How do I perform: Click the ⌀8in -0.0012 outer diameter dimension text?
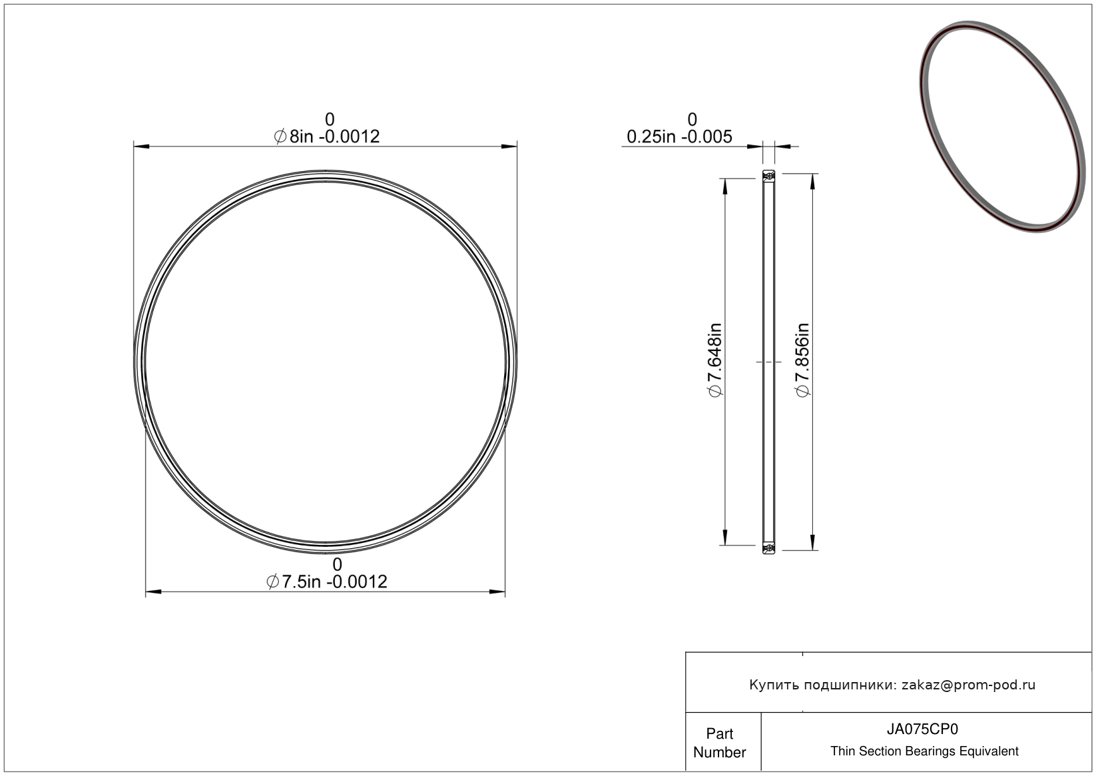(326, 137)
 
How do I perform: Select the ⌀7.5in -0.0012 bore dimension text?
(326, 582)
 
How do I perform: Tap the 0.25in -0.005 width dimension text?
(679, 137)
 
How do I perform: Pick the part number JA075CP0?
(922, 729)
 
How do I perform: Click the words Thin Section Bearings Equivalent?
(924, 751)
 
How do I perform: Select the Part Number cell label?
(719, 743)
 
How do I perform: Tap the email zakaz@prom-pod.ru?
(968, 685)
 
